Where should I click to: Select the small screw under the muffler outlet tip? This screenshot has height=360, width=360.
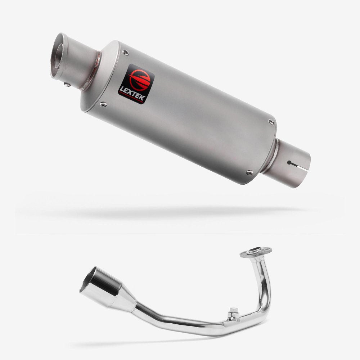point(67,85)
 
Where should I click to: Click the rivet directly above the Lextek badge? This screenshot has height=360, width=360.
point(126,53)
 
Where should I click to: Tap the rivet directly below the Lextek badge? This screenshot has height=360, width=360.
point(103,105)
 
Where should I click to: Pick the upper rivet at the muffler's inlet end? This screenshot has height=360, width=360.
point(271,122)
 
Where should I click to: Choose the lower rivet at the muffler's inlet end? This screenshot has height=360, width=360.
point(249,172)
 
